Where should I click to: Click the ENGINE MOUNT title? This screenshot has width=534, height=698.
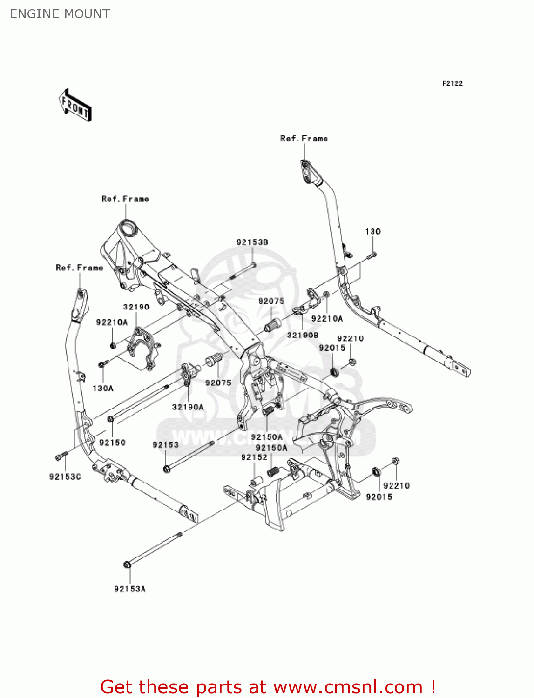point(60,14)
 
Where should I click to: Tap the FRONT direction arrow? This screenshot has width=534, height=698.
point(75,106)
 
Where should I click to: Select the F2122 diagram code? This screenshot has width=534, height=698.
point(452,83)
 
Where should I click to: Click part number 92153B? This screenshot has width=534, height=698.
point(252,242)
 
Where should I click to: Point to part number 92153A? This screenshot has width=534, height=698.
point(130,589)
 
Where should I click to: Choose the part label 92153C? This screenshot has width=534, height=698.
point(65,477)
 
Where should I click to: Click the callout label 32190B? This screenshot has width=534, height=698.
point(303,335)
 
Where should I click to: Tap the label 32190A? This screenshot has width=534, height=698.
point(188,407)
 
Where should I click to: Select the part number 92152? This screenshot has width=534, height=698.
point(254,457)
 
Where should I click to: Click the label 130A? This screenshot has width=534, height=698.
point(103,388)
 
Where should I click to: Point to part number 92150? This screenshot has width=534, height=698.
point(113,443)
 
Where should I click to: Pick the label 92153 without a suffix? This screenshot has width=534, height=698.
point(166,445)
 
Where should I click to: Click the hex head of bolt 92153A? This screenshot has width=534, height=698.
point(127,564)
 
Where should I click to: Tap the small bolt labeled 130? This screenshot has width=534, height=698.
point(373,254)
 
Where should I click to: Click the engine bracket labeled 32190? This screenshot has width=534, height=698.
point(142,347)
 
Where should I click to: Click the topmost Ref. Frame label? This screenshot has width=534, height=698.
point(304,139)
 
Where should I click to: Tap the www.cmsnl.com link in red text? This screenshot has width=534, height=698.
point(347,687)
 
